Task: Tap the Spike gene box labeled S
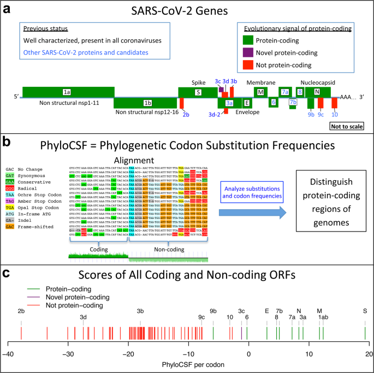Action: point(198,92)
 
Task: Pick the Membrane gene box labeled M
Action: point(261,92)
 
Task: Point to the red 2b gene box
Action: point(182,103)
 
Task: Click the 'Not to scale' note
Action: point(347,112)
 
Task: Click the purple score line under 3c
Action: point(241,333)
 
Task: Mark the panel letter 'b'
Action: point(7,143)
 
